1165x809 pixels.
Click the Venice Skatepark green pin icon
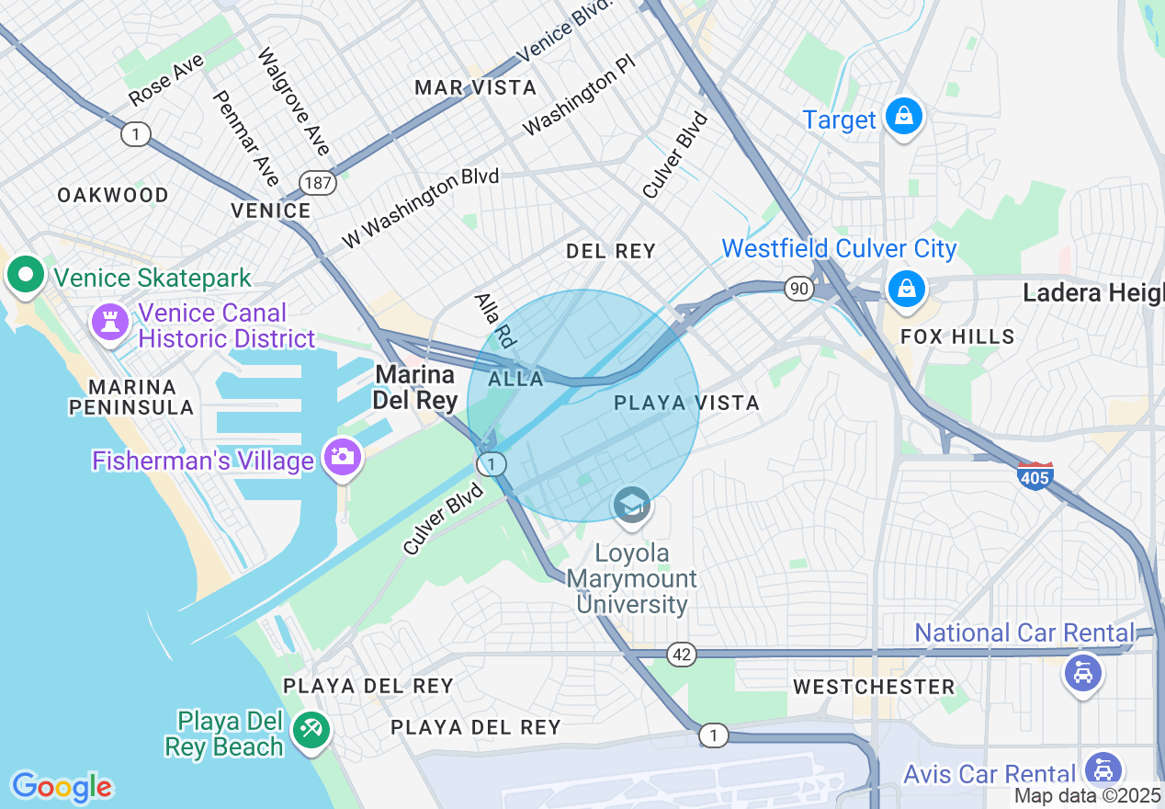click(x=26, y=276)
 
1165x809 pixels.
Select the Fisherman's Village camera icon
click(x=343, y=457)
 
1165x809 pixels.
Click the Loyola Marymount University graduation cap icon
click(x=632, y=506)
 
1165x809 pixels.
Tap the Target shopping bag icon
click(x=904, y=118)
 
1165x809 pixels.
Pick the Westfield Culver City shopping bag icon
click(x=906, y=288)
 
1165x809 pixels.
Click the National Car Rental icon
click(x=1082, y=673)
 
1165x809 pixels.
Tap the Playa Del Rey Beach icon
click(x=311, y=731)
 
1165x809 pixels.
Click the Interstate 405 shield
click(x=1035, y=475)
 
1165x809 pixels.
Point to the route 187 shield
click(x=318, y=182)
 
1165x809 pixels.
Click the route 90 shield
click(x=799, y=290)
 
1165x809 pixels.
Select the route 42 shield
click(x=682, y=655)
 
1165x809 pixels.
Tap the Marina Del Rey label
click(x=415, y=387)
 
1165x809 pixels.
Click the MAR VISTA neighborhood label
click(x=475, y=87)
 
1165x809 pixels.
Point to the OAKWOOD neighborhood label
click(x=113, y=195)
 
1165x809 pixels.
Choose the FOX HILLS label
click(x=957, y=336)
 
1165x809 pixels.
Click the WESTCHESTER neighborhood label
click(x=874, y=687)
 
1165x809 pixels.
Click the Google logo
click(x=62, y=787)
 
